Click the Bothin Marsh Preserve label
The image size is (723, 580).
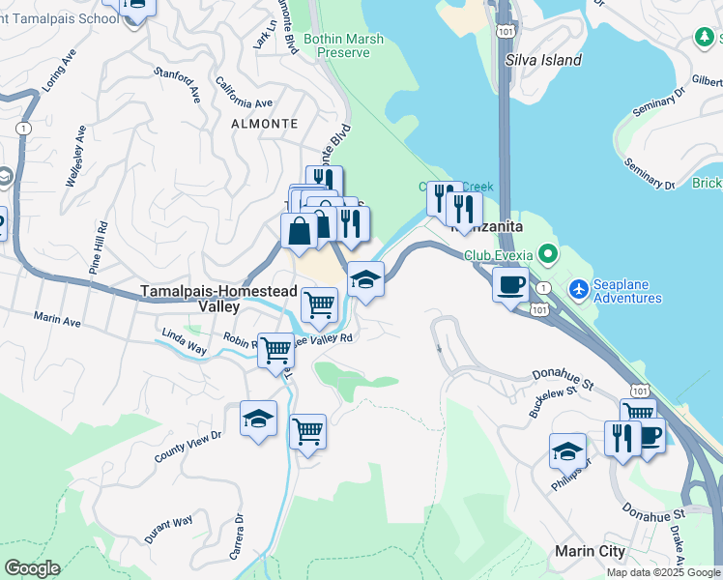click(x=343, y=45)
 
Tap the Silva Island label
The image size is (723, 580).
click(x=544, y=60)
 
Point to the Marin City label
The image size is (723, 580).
click(x=593, y=551)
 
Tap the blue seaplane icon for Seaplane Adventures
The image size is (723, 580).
click(x=579, y=288)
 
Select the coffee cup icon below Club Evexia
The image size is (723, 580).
click(x=510, y=284)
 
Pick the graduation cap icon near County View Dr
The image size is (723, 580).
click(x=258, y=419)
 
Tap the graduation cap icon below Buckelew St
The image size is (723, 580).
click(x=567, y=451)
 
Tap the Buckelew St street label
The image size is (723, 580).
click(x=553, y=398)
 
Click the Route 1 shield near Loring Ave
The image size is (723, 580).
click(x=23, y=128)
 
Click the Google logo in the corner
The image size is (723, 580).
click(x=32, y=567)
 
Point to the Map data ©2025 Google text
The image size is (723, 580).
click(x=663, y=572)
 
